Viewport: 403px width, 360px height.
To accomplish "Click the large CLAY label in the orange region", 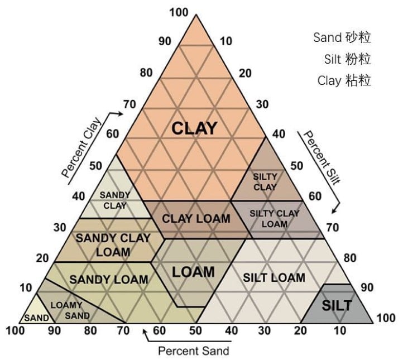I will [194, 128].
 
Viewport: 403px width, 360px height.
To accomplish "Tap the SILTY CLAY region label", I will [265, 182].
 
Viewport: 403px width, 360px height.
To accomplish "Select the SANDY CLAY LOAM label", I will [113, 244].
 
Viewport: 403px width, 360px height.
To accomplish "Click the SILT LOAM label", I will [274, 277].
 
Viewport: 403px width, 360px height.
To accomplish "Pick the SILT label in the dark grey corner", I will [337, 305].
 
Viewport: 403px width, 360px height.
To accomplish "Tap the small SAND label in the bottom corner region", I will [35, 318].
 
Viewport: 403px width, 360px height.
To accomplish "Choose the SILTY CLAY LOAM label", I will [274, 218].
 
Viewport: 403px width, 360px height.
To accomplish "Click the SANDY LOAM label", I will [109, 279].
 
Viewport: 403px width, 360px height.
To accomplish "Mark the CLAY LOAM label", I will [196, 218].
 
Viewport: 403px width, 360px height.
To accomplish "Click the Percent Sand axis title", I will [194, 351].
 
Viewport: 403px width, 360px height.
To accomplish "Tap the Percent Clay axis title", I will [81, 148].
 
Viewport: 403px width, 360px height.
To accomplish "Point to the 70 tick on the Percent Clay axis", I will [129, 104].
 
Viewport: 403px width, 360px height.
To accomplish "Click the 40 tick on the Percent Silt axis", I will [279, 134].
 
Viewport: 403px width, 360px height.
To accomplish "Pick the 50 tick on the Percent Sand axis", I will [195, 330].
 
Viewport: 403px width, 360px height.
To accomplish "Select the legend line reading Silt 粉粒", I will [347, 59].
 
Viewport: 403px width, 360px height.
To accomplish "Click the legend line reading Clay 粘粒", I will [344, 80].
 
